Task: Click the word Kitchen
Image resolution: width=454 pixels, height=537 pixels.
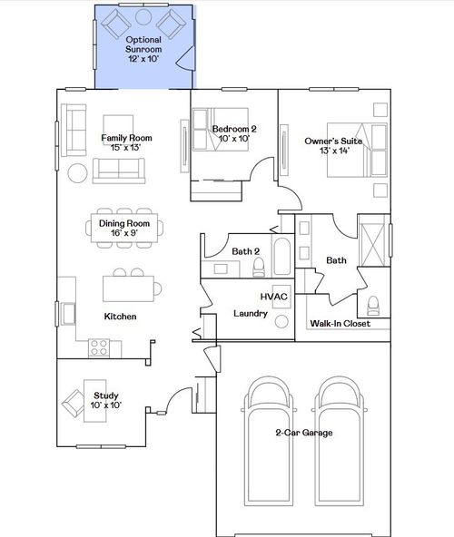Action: [x=121, y=317]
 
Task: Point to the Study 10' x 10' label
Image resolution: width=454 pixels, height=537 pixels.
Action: [x=105, y=400]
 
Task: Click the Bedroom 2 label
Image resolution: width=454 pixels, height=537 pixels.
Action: [x=234, y=134]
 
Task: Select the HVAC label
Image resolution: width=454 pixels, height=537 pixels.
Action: [x=273, y=297]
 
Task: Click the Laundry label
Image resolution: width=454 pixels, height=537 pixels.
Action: [x=250, y=314]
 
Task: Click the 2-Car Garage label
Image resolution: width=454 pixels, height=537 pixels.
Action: [x=303, y=433]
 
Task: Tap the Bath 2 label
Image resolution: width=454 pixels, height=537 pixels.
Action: [x=246, y=251]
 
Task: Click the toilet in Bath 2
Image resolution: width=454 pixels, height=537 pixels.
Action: [x=259, y=265]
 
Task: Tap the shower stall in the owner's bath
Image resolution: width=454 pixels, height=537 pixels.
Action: [x=372, y=241]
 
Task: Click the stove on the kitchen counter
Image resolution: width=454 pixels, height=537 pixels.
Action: [x=99, y=347]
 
